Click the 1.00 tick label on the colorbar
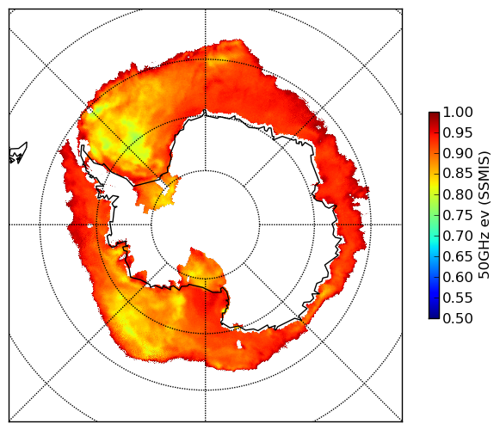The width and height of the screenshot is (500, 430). click(458, 112)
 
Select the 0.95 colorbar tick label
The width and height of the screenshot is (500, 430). click(458, 133)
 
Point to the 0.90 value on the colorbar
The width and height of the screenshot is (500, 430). click(458, 153)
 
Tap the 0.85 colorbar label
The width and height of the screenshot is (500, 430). click(458, 174)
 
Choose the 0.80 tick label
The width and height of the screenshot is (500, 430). click(458, 194)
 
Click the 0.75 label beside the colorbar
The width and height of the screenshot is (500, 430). click(458, 215)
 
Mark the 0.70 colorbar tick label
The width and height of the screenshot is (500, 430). click(458, 236)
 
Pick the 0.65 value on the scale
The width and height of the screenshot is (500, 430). click(458, 256)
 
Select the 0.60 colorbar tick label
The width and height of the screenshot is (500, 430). click(458, 277)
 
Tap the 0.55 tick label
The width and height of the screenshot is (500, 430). click(458, 298)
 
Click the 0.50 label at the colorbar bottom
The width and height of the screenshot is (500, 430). click(458, 318)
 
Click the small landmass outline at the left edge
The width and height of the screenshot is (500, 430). click(18, 153)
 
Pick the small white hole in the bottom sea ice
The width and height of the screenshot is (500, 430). click(239, 344)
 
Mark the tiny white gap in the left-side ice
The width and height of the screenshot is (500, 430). click(90, 226)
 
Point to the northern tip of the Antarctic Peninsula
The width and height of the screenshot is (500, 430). click(83, 146)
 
